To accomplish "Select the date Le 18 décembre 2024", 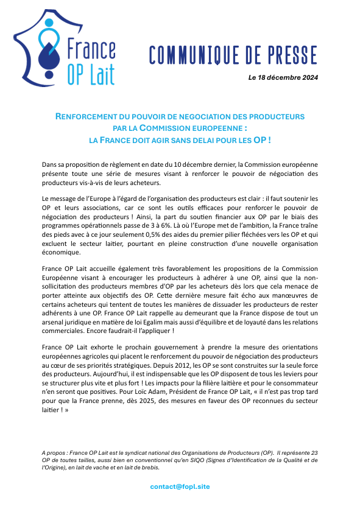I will pos(283,78).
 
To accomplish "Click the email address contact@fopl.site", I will pos(180,486).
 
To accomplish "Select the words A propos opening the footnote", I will pos(55,454).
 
